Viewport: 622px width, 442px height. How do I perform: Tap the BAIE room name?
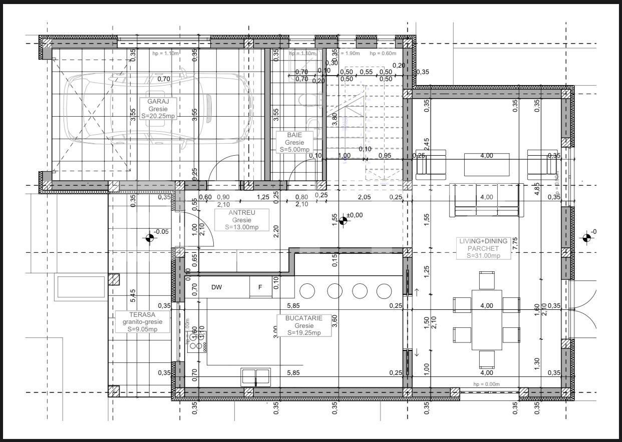[294, 135]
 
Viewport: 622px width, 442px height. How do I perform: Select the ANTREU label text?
[241, 213]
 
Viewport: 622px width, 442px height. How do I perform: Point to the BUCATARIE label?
[304, 318]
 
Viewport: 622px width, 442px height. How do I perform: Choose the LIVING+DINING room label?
[483, 241]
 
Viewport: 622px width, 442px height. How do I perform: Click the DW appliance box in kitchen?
[216, 287]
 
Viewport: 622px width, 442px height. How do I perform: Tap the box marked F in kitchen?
[260, 287]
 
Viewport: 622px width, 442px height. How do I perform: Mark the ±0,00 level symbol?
[344, 220]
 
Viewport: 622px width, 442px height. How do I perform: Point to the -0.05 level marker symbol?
[149, 237]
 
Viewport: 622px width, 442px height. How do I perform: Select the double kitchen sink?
[255, 376]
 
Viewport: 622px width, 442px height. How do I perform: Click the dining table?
[486, 320]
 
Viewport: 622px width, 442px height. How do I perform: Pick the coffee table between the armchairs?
[486, 164]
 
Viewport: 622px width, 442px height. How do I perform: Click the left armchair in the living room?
[431, 164]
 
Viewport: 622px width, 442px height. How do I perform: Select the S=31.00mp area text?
[483, 256]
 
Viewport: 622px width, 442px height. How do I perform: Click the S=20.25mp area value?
[158, 116]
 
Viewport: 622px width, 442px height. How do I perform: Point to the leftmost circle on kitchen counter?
[307, 290]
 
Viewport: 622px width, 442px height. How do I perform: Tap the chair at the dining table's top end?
[487, 280]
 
